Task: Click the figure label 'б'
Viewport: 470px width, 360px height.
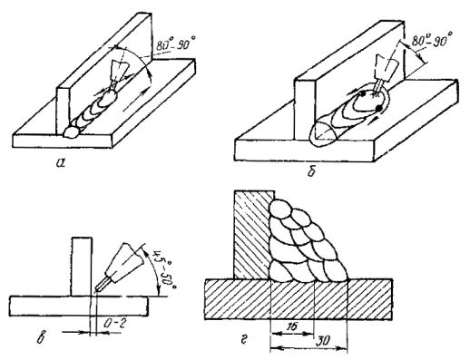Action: (311, 171)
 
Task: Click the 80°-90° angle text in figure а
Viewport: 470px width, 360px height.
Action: (176, 44)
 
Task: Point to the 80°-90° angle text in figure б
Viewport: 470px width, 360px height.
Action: (433, 39)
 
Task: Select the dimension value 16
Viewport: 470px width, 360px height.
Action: (291, 326)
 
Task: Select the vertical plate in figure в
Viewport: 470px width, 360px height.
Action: (82, 267)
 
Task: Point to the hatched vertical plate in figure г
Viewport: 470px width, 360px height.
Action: (252, 234)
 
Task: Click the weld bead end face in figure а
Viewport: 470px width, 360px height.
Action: (72, 131)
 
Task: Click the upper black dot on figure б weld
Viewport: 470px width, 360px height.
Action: (362, 94)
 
